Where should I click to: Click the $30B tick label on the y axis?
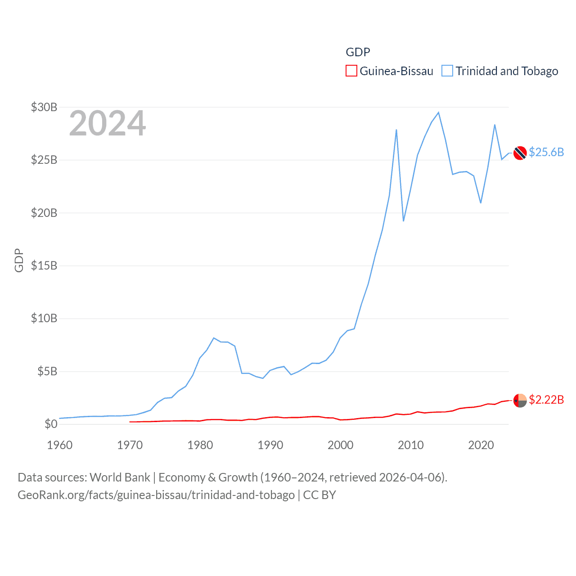click(44, 107)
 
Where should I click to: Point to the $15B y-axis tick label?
click(44, 265)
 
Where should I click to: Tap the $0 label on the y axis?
click(51, 424)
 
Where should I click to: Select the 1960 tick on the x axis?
click(60, 445)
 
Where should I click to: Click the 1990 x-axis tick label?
click(270, 445)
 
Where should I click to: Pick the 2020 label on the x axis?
click(481, 445)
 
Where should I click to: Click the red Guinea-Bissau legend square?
click(351, 71)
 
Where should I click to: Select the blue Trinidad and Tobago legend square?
click(447, 71)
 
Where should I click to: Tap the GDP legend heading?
click(358, 52)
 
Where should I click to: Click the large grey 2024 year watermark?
click(108, 123)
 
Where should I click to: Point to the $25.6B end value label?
click(546, 152)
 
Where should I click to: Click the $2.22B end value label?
click(546, 400)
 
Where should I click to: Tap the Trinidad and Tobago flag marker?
click(520, 153)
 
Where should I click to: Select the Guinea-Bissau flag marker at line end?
click(520, 400)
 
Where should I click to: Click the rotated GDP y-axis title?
click(19, 260)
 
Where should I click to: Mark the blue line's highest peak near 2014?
click(438, 112)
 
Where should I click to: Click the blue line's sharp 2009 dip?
click(404, 220)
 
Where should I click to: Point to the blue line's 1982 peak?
click(214, 338)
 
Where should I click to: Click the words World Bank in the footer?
click(120, 477)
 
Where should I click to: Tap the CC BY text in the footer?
click(319, 495)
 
